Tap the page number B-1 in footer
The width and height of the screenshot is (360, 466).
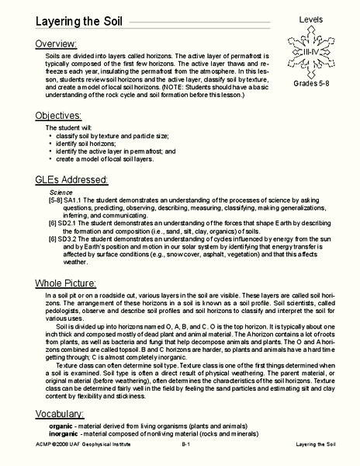pos(186,459)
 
